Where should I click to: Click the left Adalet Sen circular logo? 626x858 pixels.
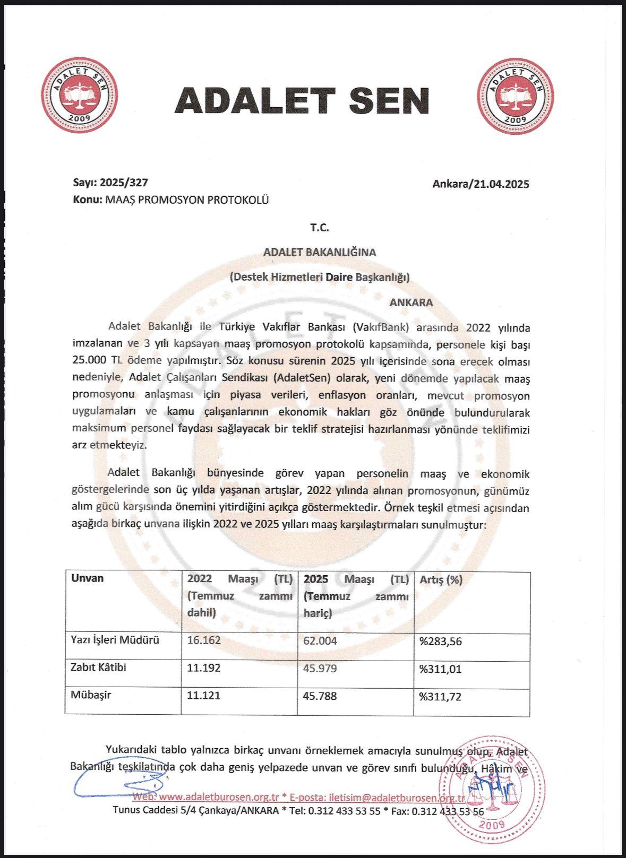point(80,96)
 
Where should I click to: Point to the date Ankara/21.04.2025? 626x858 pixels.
point(481,185)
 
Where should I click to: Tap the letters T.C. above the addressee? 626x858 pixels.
point(320,228)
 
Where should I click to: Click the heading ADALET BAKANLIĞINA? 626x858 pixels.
point(320,253)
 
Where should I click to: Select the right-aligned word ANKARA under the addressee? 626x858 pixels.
point(411,303)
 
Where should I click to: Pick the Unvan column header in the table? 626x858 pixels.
point(88,578)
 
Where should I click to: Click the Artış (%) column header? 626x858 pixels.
point(441,580)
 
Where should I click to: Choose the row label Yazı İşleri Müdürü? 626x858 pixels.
point(115,640)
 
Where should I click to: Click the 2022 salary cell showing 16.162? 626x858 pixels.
point(203,640)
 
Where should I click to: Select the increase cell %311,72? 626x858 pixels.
point(440,696)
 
